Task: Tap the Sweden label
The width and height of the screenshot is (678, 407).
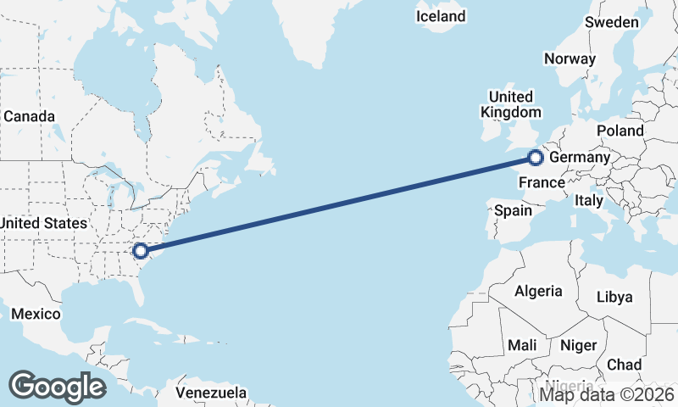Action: tap(612, 22)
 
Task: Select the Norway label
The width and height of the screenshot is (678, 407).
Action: tap(570, 59)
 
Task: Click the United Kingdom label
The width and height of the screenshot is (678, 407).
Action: tap(510, 104)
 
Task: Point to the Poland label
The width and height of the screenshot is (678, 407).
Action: tap(620, 131)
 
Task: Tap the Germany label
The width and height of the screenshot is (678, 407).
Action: tap(580, 158)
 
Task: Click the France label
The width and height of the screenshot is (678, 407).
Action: tap(542, 182)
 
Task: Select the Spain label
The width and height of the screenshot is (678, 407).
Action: tap(513, 210)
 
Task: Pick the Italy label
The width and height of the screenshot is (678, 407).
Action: tap(588, 201)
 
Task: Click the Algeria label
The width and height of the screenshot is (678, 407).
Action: tap(538, 291)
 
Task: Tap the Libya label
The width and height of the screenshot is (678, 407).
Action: tap(614, 297)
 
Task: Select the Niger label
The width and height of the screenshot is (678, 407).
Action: tap(578, 346)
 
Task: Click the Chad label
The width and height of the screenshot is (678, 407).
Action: tap(625, 364)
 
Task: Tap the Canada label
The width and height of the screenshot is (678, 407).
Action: tap(29, 116)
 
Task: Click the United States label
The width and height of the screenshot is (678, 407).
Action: tap(43, 223)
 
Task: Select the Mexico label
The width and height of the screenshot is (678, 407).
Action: tap(36, 315)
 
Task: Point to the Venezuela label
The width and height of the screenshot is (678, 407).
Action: tap(211, 393)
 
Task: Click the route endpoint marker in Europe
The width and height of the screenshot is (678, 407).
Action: tap(535, 157)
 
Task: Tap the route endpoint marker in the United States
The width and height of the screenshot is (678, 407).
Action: tap(141, 250)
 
